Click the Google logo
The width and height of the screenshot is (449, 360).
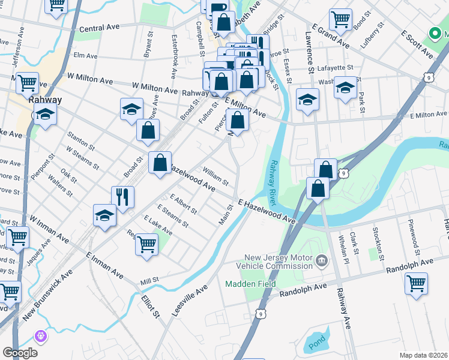tap(20, 352)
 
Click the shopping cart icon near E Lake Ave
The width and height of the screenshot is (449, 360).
tap(146, 244)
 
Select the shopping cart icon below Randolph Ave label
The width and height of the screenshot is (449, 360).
tap(416, 283)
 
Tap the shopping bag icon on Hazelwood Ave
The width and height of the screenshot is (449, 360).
tap(160, 162)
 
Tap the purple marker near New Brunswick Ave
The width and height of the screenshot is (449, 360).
tap(41, 336)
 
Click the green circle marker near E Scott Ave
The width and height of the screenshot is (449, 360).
tap(433, 34)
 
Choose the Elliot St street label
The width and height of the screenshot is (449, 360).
tap(150, 305)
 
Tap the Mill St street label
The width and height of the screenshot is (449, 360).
tap(150, 280)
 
